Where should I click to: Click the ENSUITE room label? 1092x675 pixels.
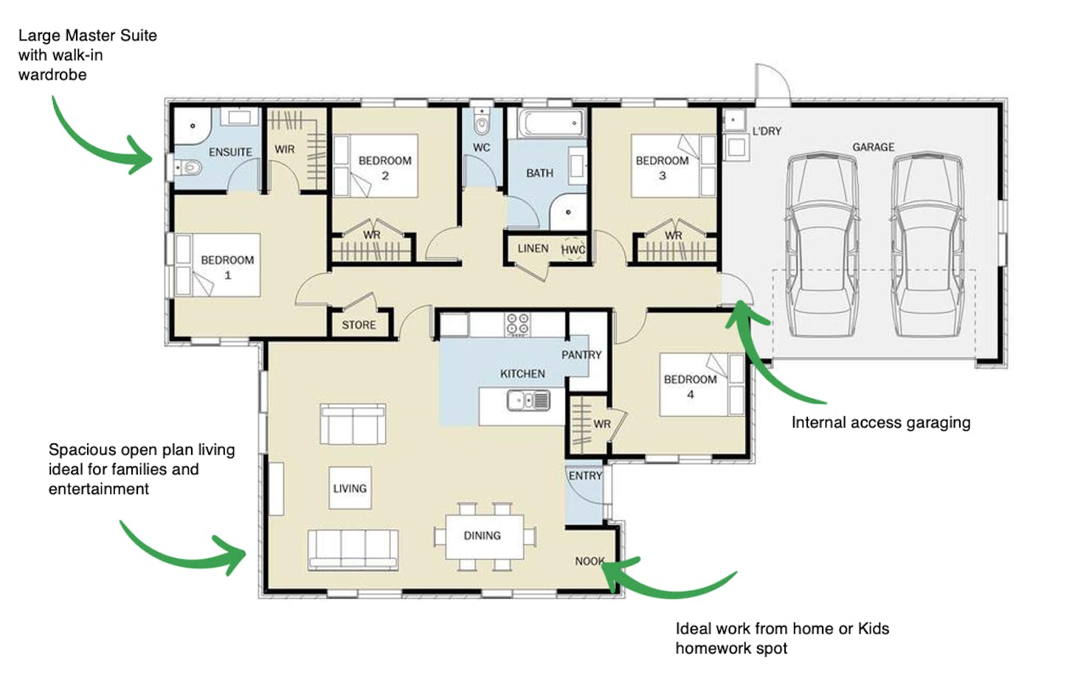pyautogui.click(x=231, y=152)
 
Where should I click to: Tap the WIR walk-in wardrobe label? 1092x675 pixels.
pyautogui.click(x=285, y=149)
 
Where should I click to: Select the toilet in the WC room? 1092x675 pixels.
pyautogui.click(x=482, y=123)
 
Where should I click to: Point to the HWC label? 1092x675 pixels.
pyautogui.click(x=573, y=250)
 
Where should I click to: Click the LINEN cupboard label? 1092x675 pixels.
pyautogui.click(x=533, y=249)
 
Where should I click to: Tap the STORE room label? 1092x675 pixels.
pyautogui.click(x=359, y=325)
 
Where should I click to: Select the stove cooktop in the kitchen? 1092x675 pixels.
pyautogui.click(x=517, y=325)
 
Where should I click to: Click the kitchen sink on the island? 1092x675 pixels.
pyautogui.click(x=528, y=401)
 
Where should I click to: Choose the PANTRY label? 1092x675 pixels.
pyautogui.click(x=581, y=355)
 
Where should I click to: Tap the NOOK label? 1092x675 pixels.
pyautogui.click(x=590, y=561)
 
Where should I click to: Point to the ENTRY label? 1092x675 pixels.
pyautogui.click(x=585, y=476)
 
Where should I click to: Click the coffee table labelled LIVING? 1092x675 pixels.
pyautogui.click(x=350, y=488)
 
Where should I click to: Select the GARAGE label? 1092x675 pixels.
pyautogui.click(x=873, y=147)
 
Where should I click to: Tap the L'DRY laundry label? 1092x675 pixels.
pyautogui.click(x=767, y=131)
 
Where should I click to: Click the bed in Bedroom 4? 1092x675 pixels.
pyautogui.click(x=702, y=385)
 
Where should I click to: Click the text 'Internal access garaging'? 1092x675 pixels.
pyautogui.click(x=881, y=423)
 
